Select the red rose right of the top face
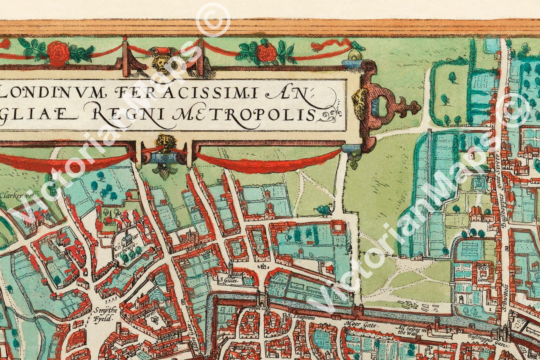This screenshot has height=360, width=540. [x=265, y=52]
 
